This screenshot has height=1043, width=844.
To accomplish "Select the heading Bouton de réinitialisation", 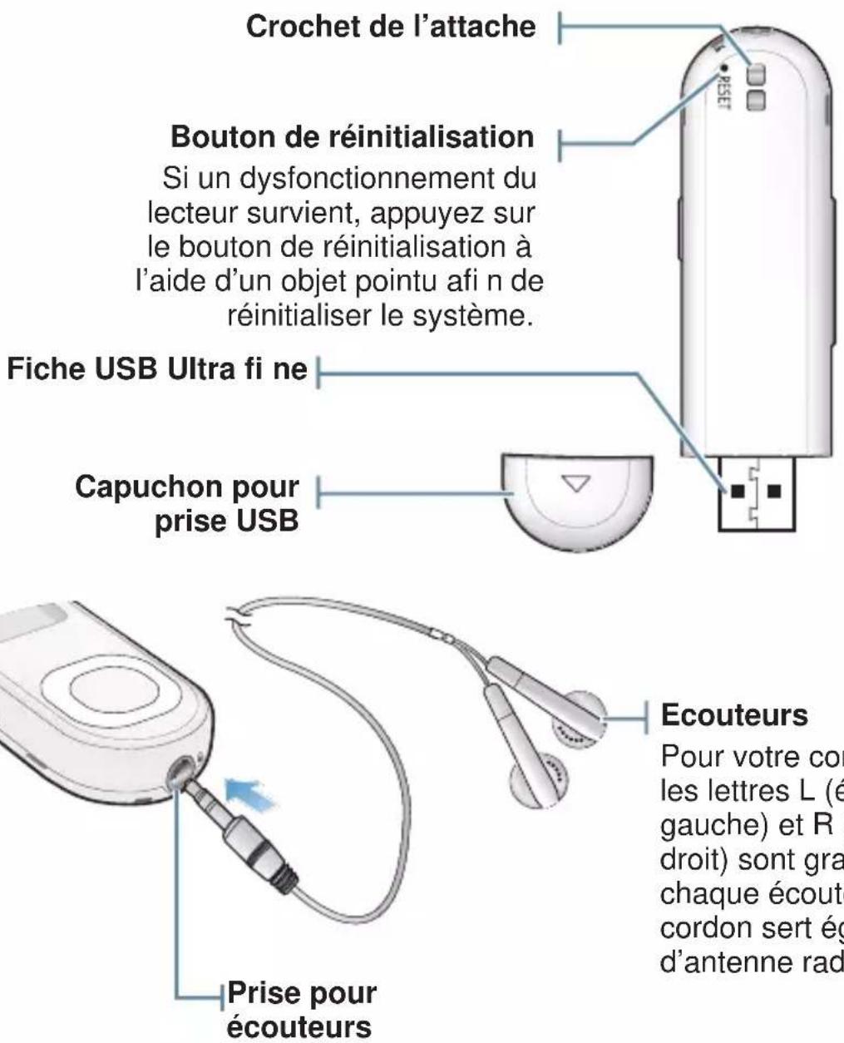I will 352,137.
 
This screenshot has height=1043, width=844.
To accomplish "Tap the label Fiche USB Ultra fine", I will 158,370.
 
